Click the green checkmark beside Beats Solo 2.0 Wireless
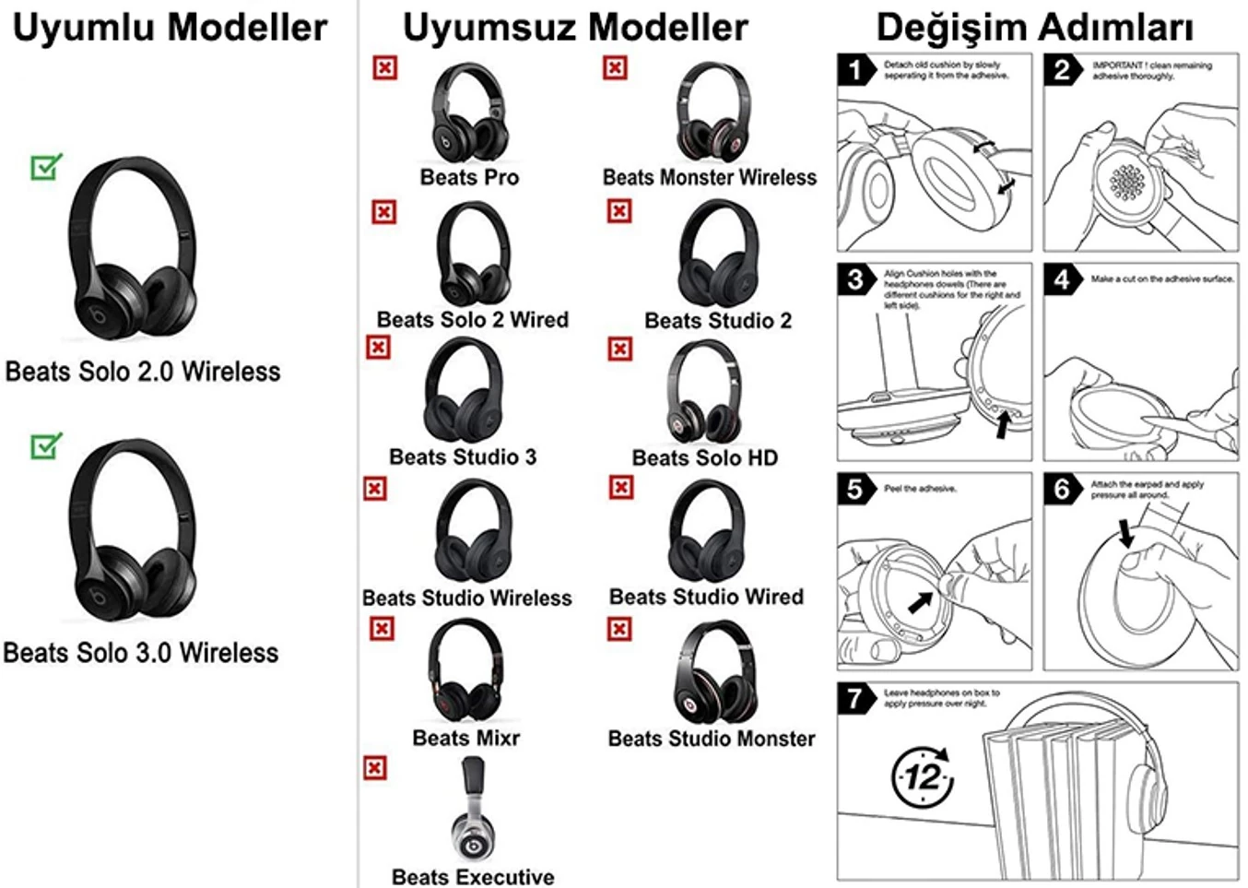(45, 167)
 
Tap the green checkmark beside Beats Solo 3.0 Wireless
(45, 446)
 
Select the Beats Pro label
(469, 177)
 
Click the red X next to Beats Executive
(375, 768)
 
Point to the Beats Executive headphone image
(473, 810)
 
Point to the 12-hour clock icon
(923, 777)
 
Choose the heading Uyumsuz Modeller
(575, 28)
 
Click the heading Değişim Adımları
(1034, 28)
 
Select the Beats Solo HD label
(705, 457)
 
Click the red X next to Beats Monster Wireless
(615, 67)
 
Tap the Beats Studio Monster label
(712, 739)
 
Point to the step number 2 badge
(1063, 70)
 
